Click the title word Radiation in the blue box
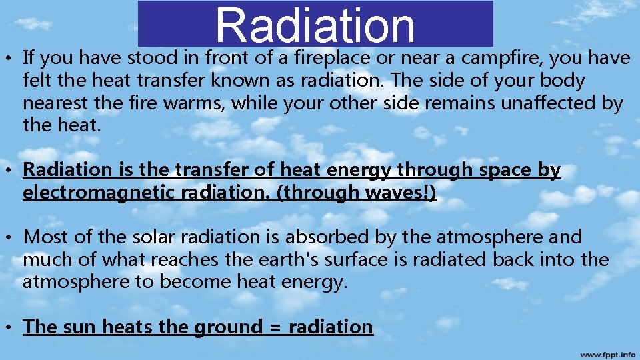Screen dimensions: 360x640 pyautogui.click(x=315, y=25)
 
